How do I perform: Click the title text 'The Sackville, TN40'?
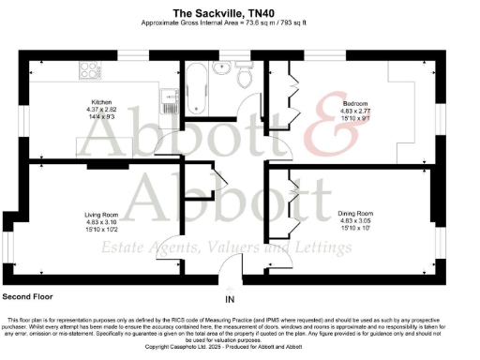[x=239, y=12]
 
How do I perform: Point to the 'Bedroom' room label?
[x=353, y=102]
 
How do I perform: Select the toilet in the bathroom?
[x=246, y=78]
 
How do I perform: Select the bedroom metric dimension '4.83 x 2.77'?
[x=353, y=110]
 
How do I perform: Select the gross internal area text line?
[x=239, y=23]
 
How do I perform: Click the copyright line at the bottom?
[x=239, y=346]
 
